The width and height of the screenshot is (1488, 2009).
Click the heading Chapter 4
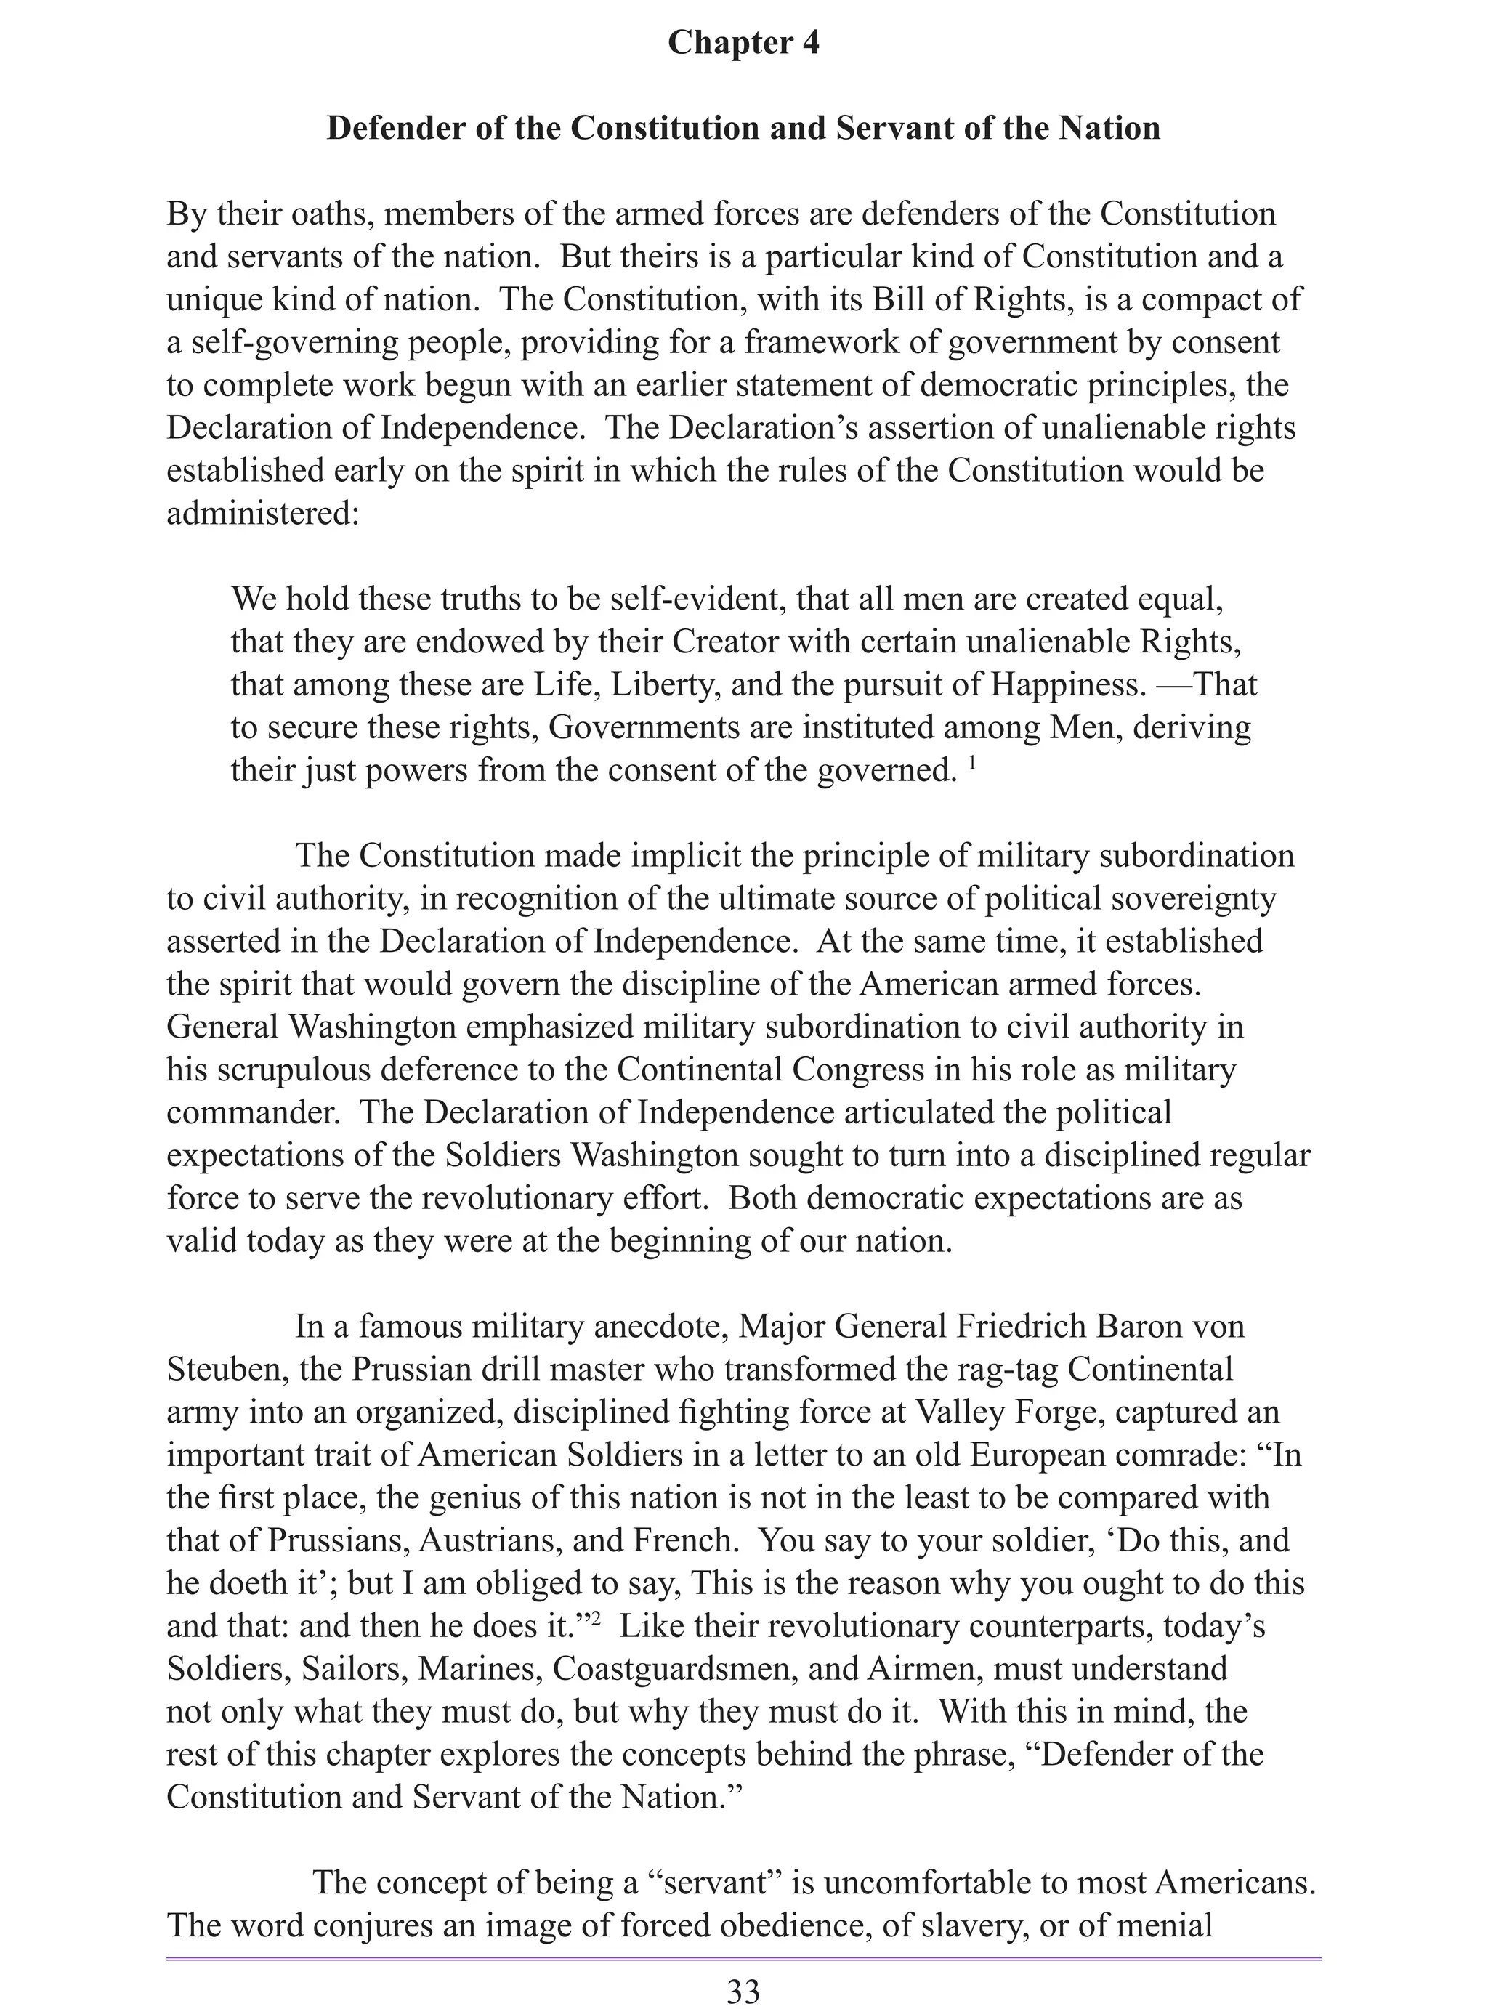(743, 42)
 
